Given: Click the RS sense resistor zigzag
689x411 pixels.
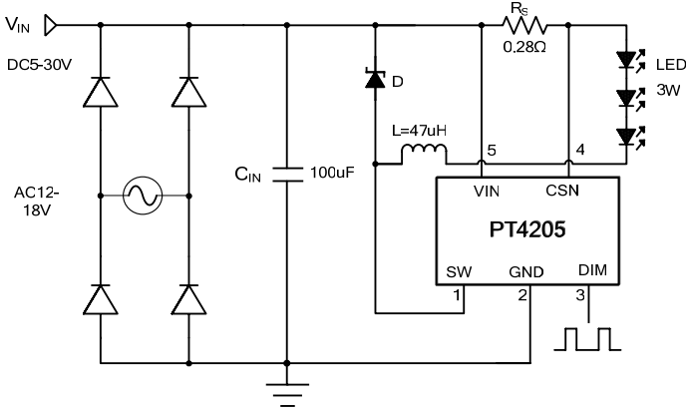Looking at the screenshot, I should pyautogui.click(x=524, y=24).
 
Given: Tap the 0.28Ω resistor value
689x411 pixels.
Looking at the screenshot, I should pyautogui.click(x=524, y=46).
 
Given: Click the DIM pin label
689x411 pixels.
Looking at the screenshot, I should pyautogui.click(x=592, y=270).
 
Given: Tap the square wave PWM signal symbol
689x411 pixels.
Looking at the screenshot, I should pyautogui.click(x=588, y=338).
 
